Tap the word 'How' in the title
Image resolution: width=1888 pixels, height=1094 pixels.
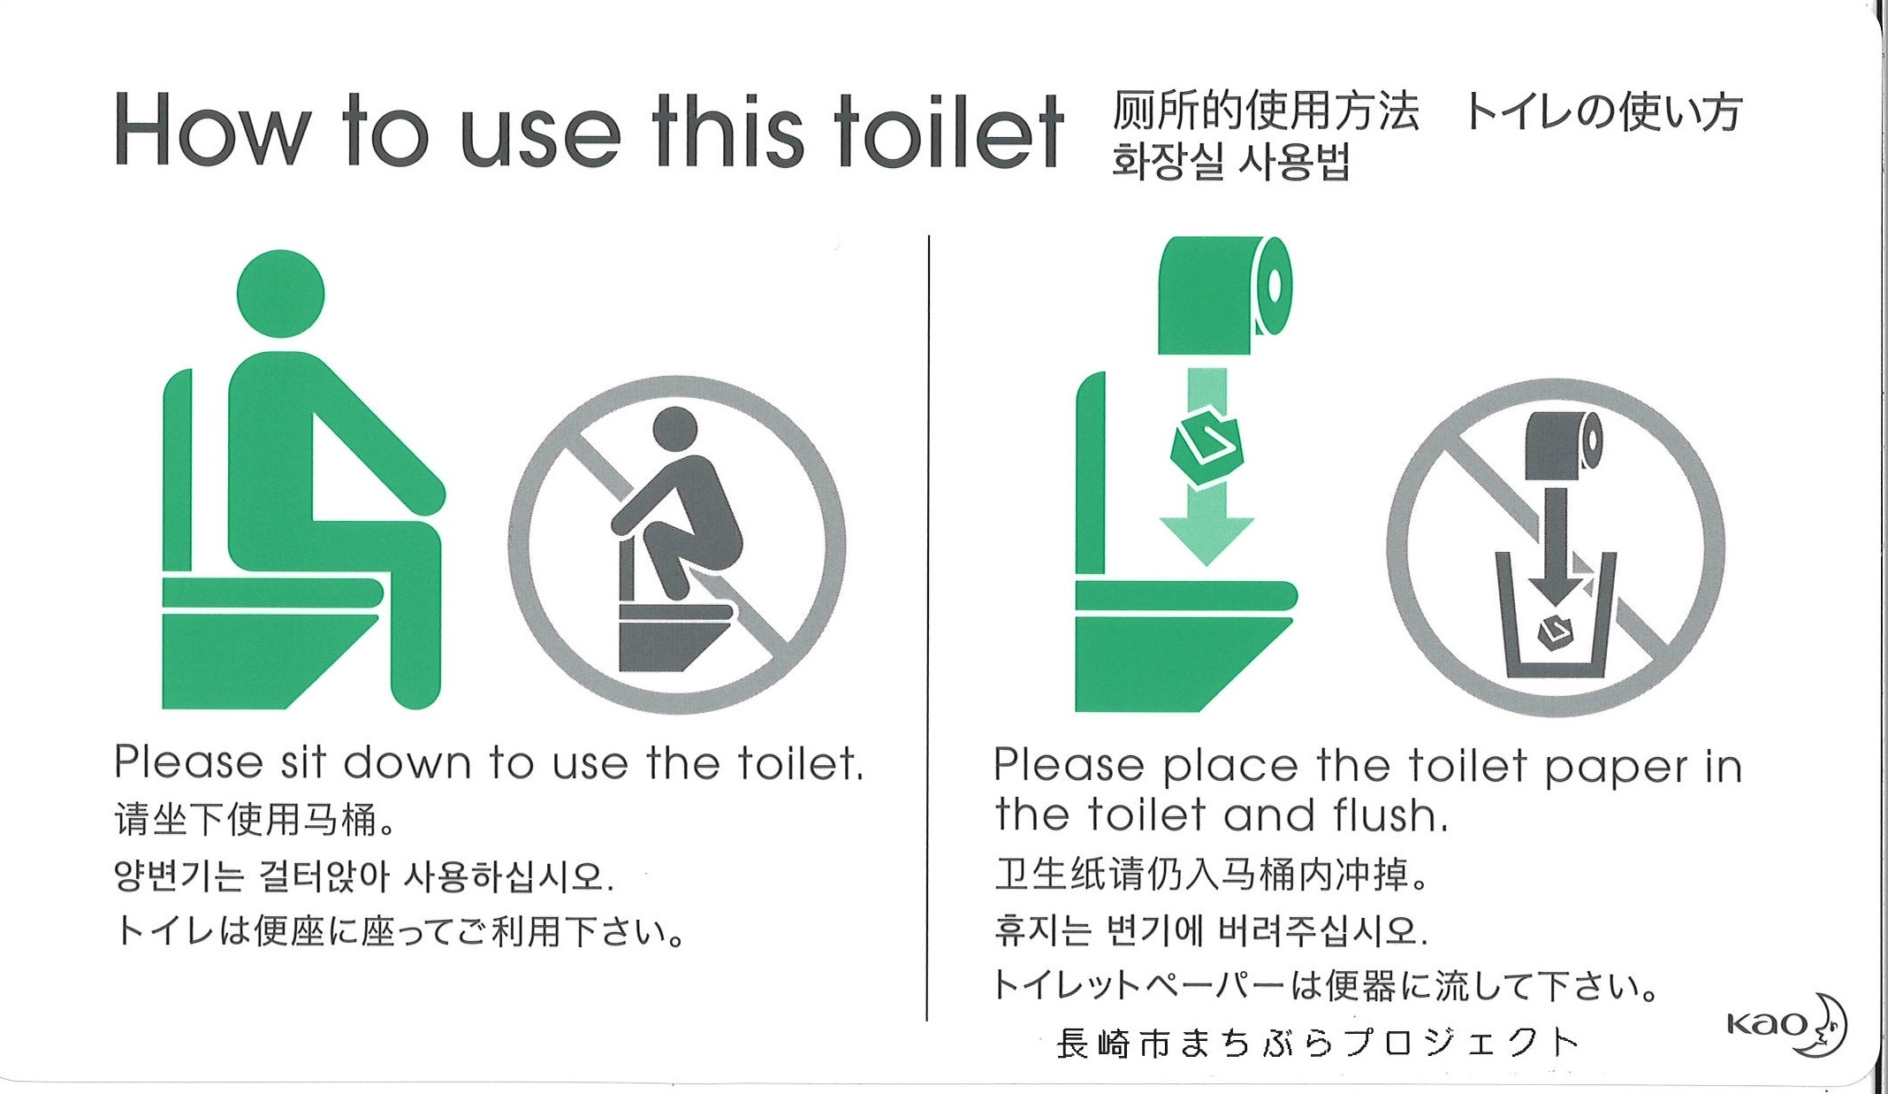[212, 131]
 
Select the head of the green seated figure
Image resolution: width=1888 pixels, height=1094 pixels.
[281, 294]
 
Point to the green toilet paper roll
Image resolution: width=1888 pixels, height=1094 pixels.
[1225, 295]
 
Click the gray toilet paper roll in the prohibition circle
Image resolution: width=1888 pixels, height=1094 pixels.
[1564, 448]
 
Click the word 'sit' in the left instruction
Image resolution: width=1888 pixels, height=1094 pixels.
[302, 762]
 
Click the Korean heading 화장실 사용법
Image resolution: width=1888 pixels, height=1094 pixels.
[1230, 163]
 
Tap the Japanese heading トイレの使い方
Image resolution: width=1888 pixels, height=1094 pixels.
[1602, 112]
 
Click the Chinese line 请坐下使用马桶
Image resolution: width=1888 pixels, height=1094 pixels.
[254, 820]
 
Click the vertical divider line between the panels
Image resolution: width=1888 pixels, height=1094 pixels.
[927, 628]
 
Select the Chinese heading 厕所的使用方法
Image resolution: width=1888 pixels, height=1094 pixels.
[1265, 111]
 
